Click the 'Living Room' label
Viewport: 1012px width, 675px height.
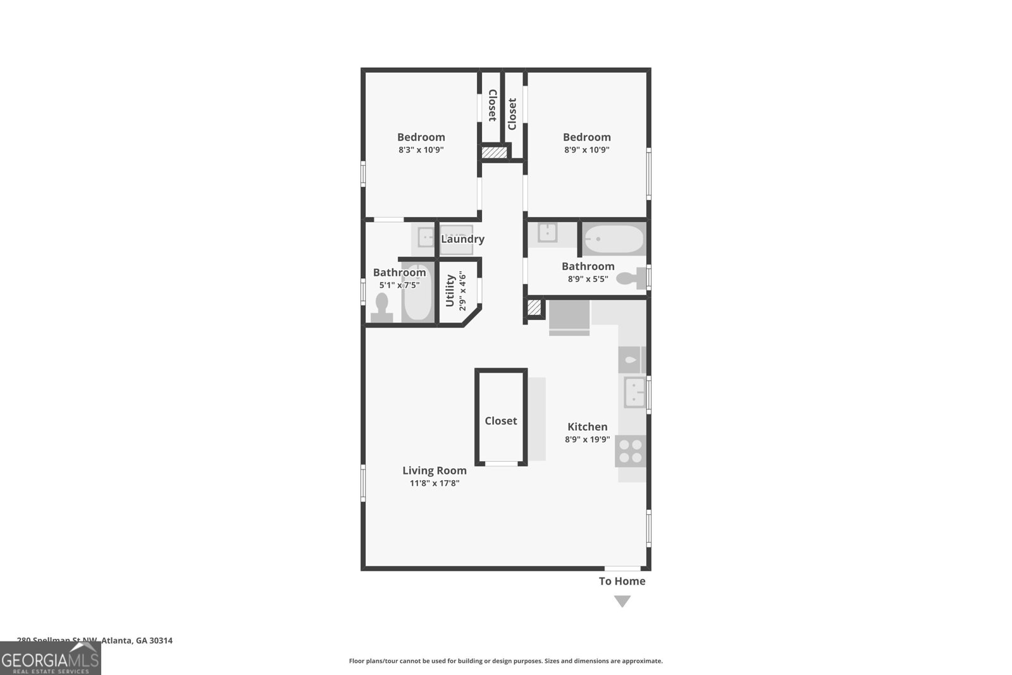[435, 471]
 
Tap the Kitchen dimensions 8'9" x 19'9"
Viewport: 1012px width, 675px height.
[587, 440]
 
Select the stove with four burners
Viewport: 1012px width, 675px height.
[631, 451]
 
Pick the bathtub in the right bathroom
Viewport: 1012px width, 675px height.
[613, 240]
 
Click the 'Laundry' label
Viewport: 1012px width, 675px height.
[462, 239]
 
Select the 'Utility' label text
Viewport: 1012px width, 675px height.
[450, 290]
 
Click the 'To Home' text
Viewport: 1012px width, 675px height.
[622, 581]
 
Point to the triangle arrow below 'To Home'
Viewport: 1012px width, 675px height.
[622, 602]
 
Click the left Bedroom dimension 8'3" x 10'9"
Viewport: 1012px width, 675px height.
[421, 151]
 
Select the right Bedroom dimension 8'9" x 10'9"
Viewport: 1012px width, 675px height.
[587, 151]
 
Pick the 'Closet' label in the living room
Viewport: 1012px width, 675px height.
[501, 421]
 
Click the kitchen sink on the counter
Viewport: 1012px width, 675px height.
[634, 392]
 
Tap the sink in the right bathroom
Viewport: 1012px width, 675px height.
[547, 232]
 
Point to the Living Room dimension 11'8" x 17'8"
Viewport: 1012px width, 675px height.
[435, 483]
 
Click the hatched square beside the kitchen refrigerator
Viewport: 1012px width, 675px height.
[534, 308]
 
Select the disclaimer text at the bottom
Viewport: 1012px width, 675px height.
[505, 661]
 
